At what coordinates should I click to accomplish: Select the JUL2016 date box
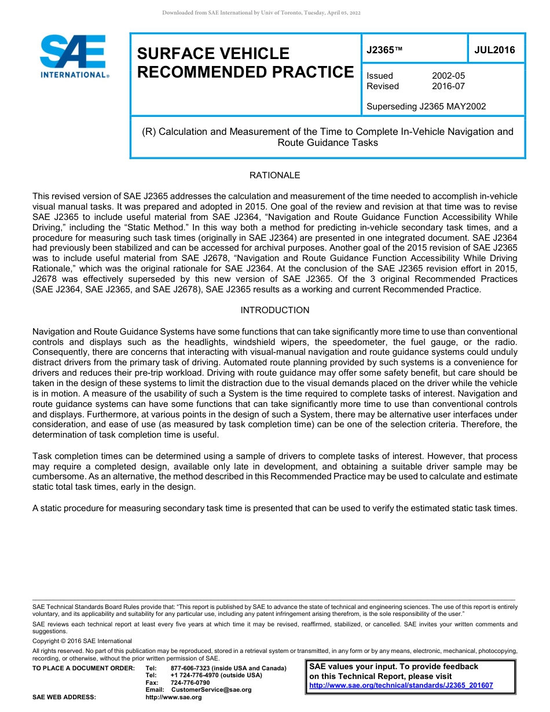pos(494,50)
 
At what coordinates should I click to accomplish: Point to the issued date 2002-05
pos(448,76)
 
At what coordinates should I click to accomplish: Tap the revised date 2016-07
pos(448,86)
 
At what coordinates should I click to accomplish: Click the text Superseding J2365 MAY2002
pos(426,107)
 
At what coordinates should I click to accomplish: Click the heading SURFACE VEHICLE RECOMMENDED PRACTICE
pos(245,63)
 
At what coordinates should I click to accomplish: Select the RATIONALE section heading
pos(274,175)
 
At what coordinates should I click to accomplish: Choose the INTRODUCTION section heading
pos(274,310)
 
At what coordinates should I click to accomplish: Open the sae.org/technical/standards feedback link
pos(401,685)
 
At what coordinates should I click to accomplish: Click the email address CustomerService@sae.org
pos(211,689)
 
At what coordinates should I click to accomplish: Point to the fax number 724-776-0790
pos(190,682)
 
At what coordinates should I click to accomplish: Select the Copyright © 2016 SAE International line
pos(82,641)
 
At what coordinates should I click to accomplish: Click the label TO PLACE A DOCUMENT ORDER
pos(83,668)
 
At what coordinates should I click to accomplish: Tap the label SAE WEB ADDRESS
pos(64,697)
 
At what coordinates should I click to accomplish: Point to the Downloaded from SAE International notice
pos(261,13)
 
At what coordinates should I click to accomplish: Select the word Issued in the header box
pos(380,76)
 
